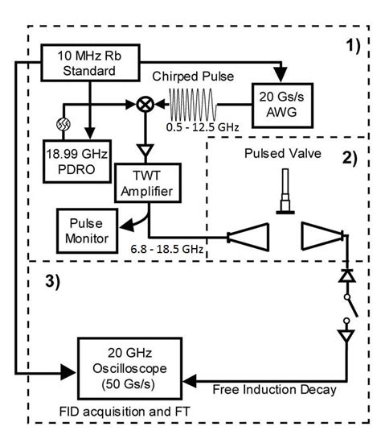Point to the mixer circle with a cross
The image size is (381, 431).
click(145, 106)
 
